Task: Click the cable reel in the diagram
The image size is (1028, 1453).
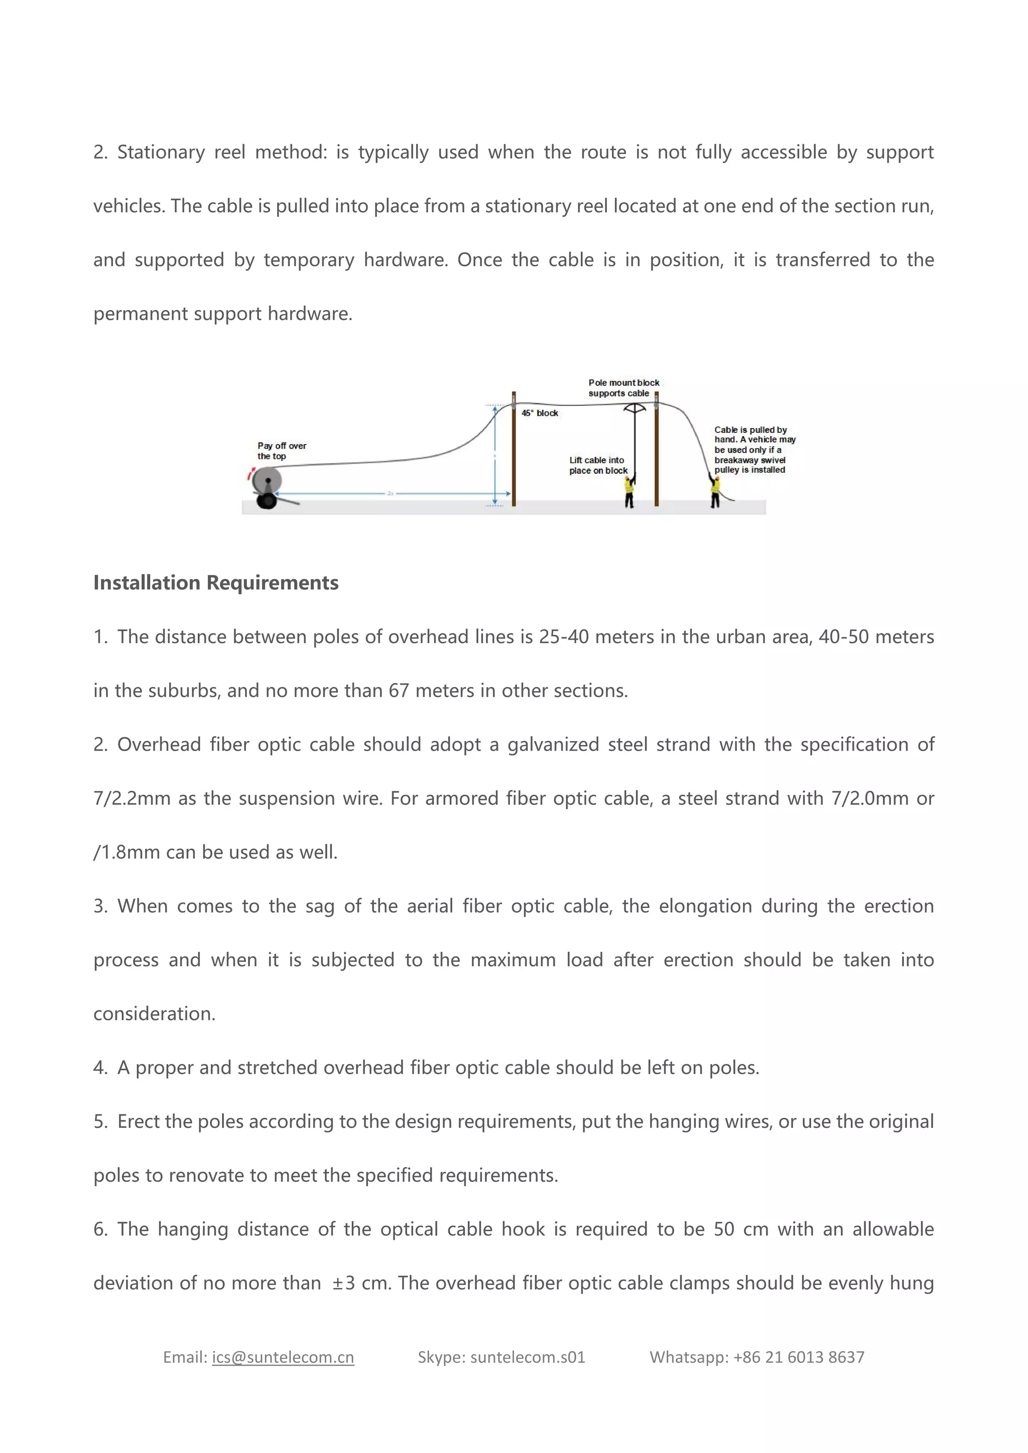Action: pos(267,482)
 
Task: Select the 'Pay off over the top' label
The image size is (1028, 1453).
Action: pos(282,451)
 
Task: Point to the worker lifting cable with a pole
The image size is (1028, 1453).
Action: pos(629,491)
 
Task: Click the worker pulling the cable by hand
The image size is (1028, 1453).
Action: pos(715,491)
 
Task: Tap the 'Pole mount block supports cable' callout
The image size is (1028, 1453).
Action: pos(623,388)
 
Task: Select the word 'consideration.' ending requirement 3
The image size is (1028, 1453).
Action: pos(155,1014)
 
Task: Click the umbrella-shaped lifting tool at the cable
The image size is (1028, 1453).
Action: pos(634,409)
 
